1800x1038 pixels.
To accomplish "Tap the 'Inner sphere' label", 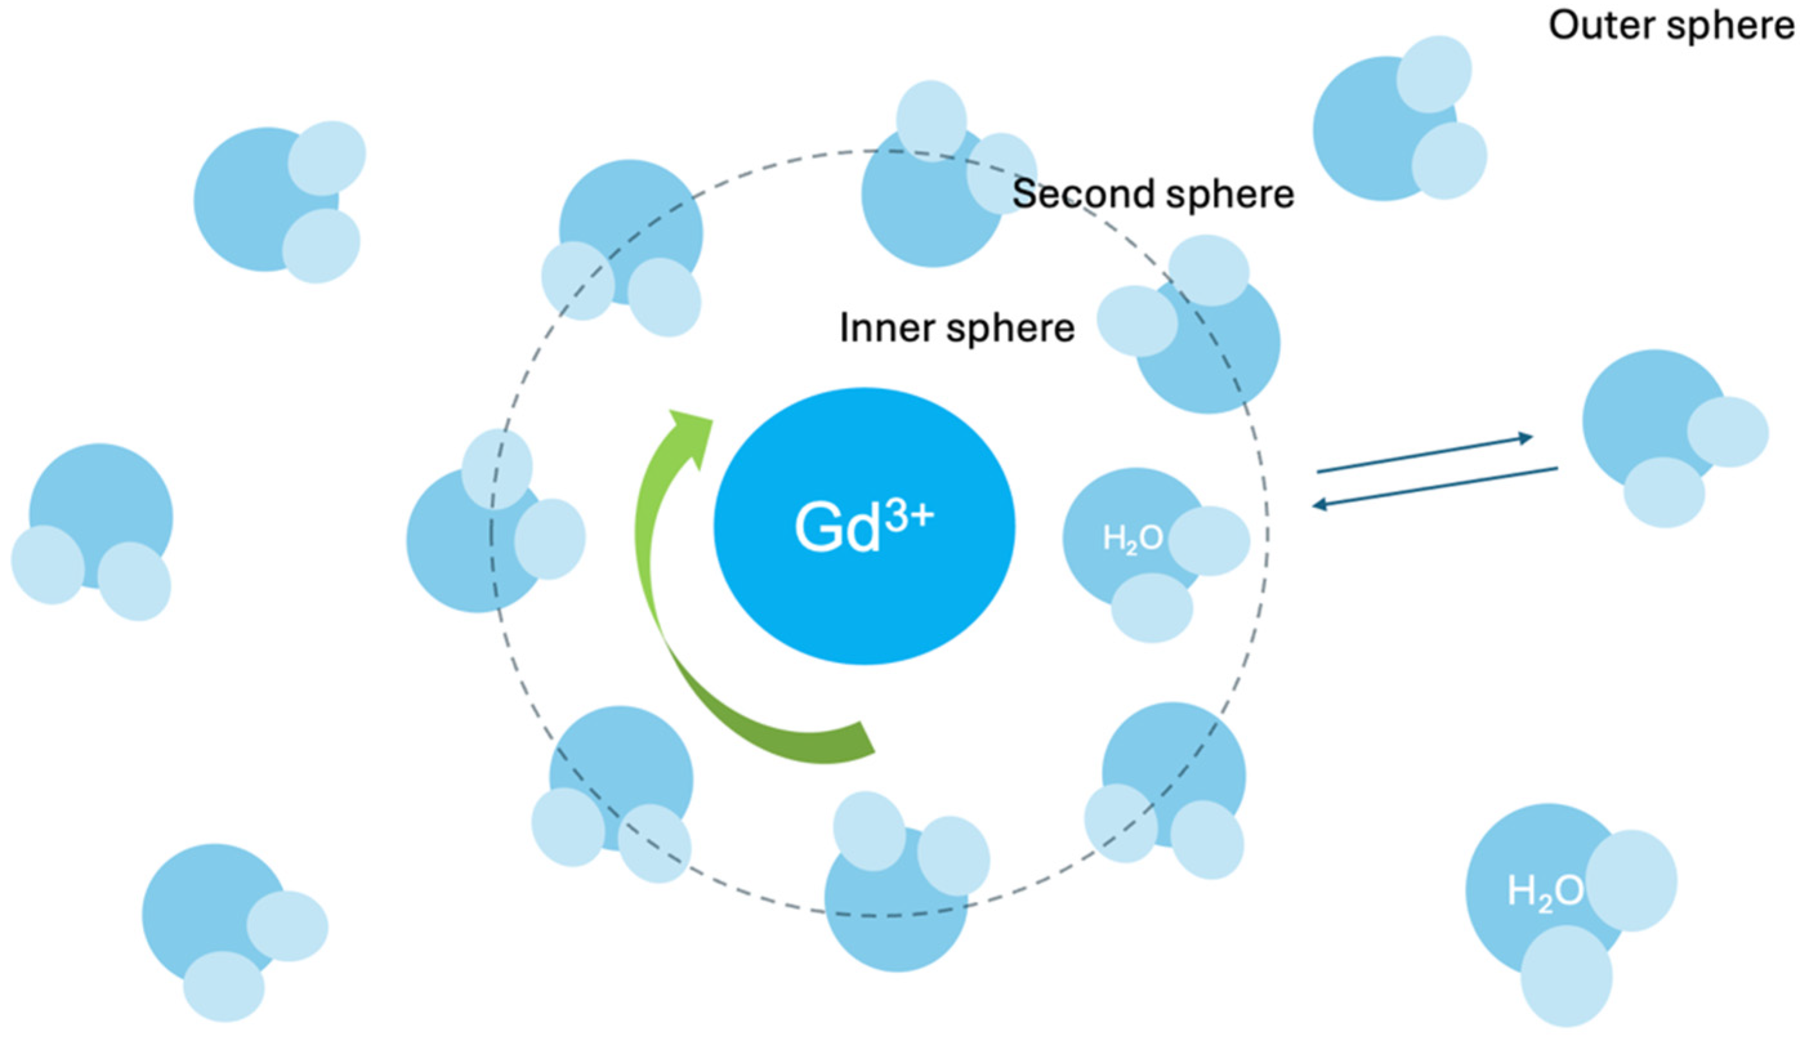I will [x=957, y=328].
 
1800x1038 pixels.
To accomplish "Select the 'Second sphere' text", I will [x=1153, y=194].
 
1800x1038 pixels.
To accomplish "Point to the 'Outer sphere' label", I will [x=1671, y=26].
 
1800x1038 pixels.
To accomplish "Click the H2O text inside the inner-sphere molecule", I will [x=1132, y=539].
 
